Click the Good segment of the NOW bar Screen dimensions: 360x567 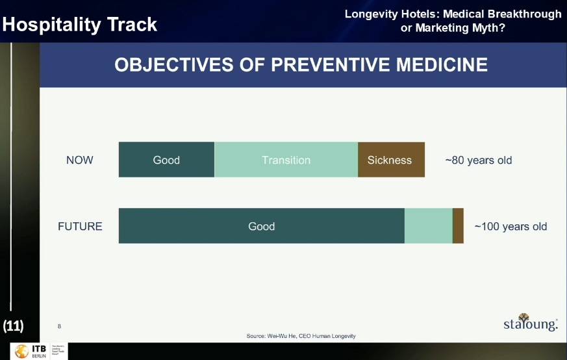(166, 160)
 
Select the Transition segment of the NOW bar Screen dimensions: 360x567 (286, 160)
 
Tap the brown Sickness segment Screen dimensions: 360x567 (390, 160)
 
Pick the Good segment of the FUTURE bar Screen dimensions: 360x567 (261, 226)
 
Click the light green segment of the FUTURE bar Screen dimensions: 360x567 (428, 226)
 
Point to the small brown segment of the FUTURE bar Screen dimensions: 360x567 (458, 226)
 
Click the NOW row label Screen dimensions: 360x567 (80, 160)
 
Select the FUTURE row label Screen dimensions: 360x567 (80, 226)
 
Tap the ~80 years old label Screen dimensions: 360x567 (479, 160)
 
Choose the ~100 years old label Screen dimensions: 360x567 (510, 226)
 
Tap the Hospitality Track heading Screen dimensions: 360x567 (80, 25)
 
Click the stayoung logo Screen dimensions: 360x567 (530, 322)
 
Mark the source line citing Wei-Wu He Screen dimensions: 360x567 (301, 336)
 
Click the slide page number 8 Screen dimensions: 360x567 (59, 326)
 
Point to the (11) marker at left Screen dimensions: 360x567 (14, 326)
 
